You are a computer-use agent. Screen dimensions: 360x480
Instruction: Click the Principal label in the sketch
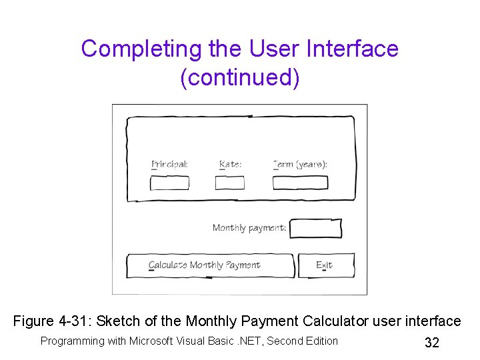point(169,164)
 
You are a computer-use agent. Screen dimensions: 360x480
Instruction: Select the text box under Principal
point(169,183)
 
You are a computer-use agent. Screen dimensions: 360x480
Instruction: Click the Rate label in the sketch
point(230,164)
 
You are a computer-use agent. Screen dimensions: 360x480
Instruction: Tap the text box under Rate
point(230,183)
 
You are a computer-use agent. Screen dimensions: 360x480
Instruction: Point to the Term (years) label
point(300,164)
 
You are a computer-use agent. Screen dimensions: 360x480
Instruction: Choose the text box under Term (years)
point(300,183)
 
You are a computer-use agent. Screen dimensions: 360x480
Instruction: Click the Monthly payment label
point(249,228)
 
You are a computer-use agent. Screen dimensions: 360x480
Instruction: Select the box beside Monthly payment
point(316,229)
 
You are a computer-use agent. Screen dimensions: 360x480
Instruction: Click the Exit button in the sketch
point(325,265)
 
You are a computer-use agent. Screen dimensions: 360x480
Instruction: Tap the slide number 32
point(432,343)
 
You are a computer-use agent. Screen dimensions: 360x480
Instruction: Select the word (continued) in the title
point(240,77)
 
